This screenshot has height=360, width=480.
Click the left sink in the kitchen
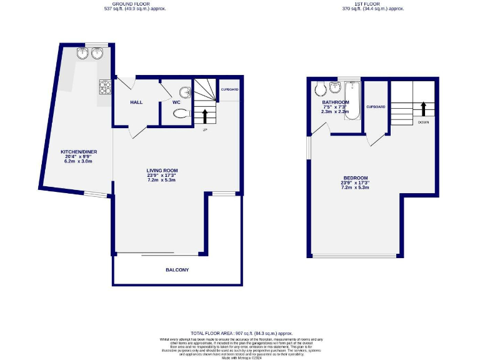82,54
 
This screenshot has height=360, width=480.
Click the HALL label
137,102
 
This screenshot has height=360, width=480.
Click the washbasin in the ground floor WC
185,93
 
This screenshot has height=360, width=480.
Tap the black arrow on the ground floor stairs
205,116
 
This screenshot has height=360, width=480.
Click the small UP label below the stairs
204,130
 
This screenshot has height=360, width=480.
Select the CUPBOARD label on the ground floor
229,90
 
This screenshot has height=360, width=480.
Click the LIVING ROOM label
162,171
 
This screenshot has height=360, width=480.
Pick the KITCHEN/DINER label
78,152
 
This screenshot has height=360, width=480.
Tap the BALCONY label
177,270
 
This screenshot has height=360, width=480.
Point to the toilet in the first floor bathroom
319,87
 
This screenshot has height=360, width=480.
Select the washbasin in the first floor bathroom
336,86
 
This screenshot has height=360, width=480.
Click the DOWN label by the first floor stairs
423,122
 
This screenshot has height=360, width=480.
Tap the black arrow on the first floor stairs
423,109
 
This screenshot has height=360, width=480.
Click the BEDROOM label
355,177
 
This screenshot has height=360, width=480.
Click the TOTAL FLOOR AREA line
241,334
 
